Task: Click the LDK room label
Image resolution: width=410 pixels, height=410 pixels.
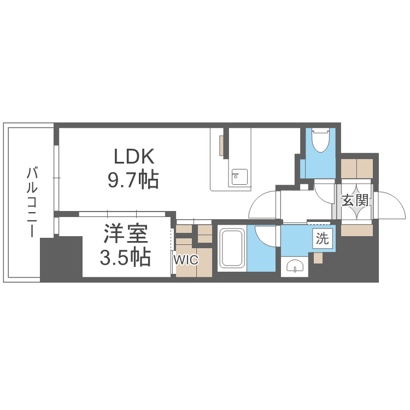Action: [x=135, y=157]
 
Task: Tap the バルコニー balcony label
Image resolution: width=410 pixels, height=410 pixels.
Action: [x=32, y=203]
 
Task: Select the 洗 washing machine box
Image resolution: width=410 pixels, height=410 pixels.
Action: [x=323, y=238]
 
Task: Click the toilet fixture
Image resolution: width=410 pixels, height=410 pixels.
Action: [x=320, y=143]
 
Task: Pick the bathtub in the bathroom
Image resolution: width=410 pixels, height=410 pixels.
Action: [x=232, y=249]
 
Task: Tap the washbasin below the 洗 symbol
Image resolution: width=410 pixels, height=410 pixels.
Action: [x=296, y=267]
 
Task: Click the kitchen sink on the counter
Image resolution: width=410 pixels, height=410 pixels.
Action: [x=239, y=177]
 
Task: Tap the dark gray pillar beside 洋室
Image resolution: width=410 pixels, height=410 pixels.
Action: [x=61, y=257]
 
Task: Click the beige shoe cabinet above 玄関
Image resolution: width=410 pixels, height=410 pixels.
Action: [x=356, y=167]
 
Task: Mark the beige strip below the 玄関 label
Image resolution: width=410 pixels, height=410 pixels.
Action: [x=356, y=230]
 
